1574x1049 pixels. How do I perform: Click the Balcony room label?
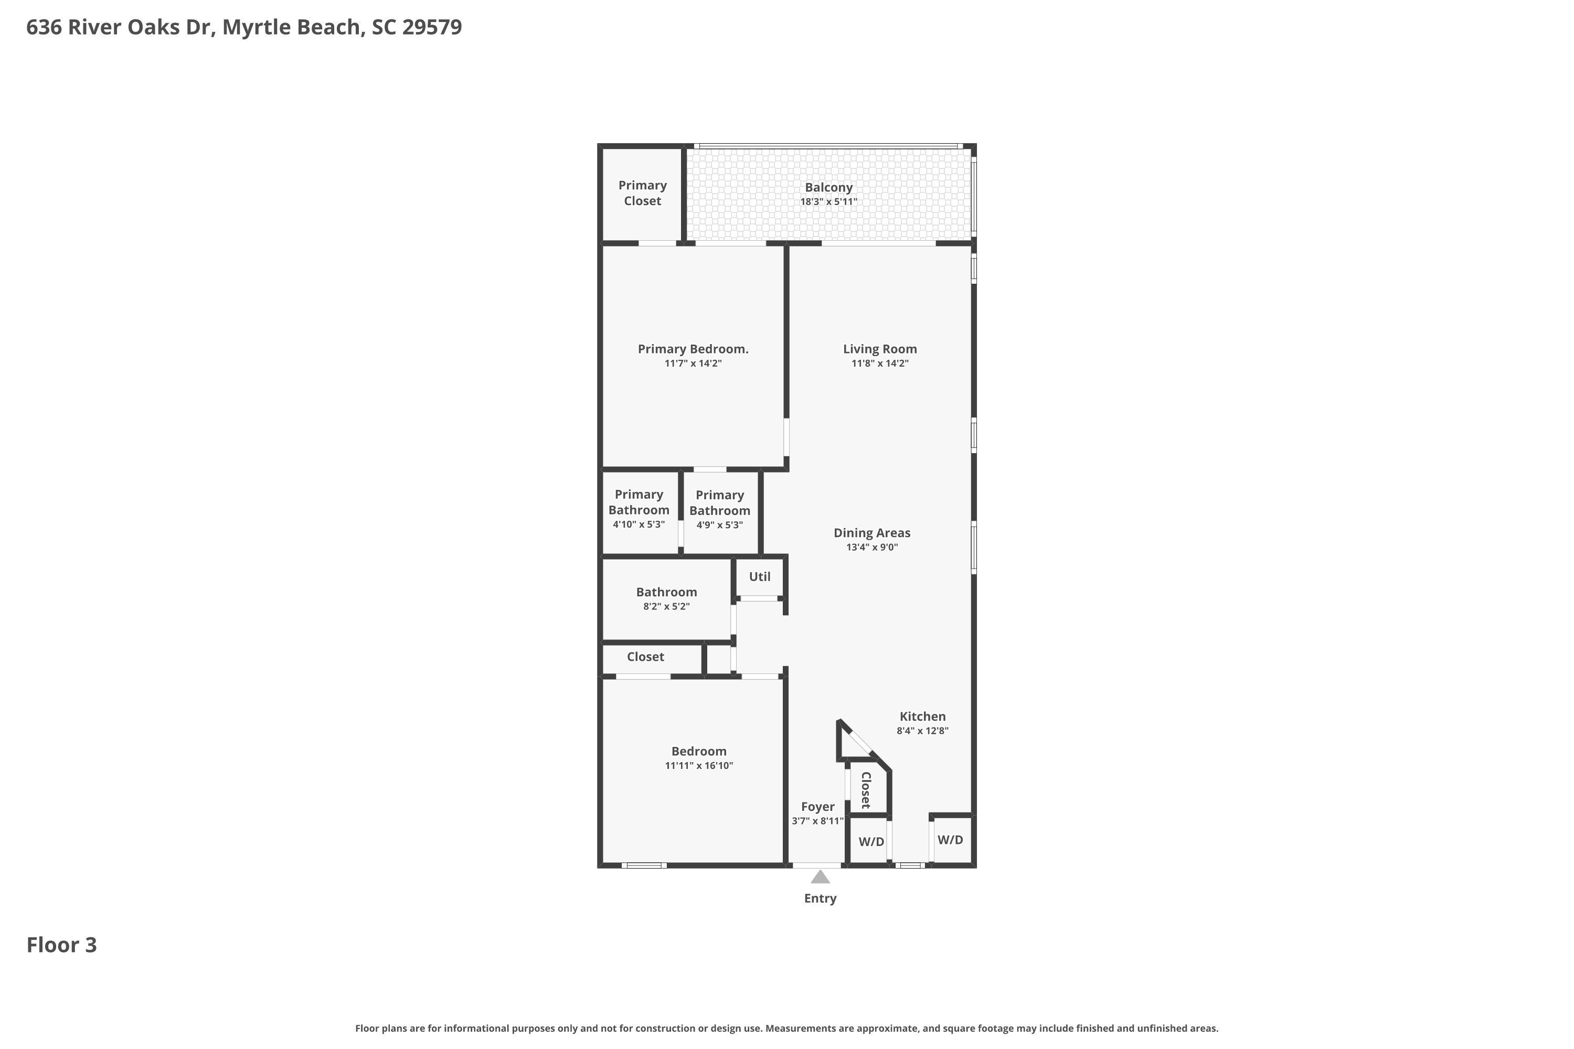click(828, 187)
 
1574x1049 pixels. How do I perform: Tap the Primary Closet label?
click(642, 192)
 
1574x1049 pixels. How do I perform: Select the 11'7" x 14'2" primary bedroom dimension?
click(693, 363)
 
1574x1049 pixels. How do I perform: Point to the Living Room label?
click(879, 349)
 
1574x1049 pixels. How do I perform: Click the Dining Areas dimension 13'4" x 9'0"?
click(871, 547)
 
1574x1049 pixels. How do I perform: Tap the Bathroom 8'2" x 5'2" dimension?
click(666, 607)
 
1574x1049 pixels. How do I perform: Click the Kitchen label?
click(922, 716)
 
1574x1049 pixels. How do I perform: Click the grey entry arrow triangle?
click(820, 877)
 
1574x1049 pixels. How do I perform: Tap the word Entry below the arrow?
click(820, 898)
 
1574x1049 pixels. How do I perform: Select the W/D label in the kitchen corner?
click(950, 840)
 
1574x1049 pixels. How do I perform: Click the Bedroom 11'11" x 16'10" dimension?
click(699, 765)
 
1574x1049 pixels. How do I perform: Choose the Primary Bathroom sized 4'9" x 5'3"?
click(719, 510)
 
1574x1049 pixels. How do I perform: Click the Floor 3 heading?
click(61, 945)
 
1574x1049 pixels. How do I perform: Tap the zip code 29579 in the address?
click(432, 27)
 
